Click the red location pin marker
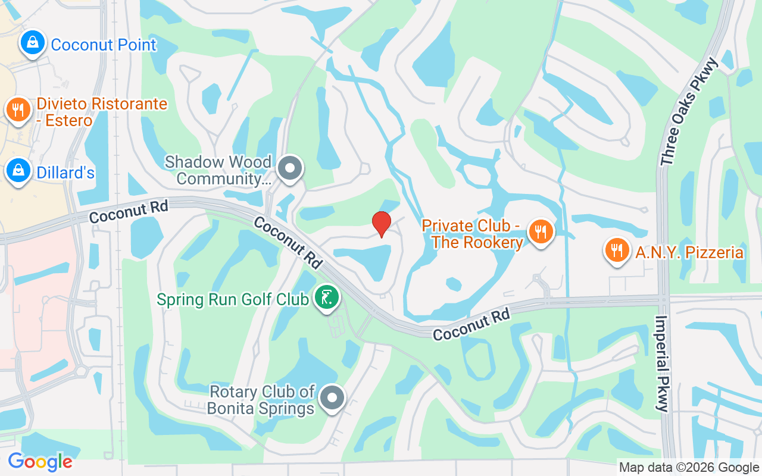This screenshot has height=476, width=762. (382, 224)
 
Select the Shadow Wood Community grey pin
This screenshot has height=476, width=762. (290, 168)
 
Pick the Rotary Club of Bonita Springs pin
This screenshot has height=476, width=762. (332, 397)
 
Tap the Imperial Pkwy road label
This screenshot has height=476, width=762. (663, 363)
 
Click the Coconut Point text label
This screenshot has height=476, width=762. (104, 45)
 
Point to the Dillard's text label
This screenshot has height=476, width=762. (65, 173)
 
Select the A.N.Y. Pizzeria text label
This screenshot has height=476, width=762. (689, 252)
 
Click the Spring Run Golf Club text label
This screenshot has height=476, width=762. (233, 299)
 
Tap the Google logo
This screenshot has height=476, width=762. (40, 461)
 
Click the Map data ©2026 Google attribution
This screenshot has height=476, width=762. (688, 468)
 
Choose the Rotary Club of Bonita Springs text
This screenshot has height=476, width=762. (261, 400)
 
